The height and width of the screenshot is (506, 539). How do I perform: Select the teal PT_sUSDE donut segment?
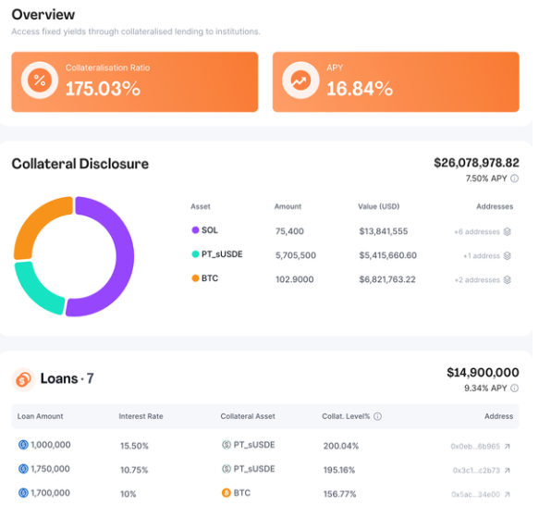coord(34,292)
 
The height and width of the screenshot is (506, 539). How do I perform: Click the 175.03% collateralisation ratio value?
coord(103,89)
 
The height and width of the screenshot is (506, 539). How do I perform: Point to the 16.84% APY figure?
coord(360,89)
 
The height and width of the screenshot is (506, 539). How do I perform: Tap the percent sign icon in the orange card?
coord(40,80)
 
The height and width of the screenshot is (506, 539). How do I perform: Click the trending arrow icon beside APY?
coord(300,80)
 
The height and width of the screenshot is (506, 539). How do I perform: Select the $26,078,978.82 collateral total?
coord(476,163)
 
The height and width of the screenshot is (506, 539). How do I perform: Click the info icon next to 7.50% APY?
coord(515,179)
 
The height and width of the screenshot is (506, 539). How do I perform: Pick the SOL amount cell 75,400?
coord(289,231)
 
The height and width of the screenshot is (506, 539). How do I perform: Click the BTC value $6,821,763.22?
coord(387,279)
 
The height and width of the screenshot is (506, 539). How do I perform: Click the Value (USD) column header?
coord(379,206)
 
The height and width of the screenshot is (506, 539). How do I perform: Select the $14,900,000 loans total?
coord(483,372)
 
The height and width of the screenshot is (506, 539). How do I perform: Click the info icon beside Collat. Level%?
coord(377,416)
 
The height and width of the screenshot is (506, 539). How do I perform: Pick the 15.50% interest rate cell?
coord(134,446)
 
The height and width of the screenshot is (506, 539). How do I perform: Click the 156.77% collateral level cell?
coord(339,494)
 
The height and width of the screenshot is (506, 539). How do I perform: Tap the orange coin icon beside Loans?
coord(23,379)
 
